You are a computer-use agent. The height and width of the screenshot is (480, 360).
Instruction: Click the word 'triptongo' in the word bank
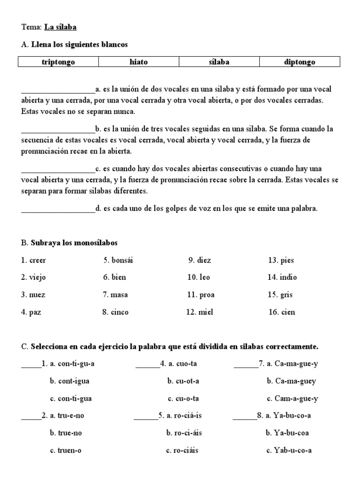[x=58, y=62]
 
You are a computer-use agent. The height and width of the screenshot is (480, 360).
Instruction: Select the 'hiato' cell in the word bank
[x=138, y=62]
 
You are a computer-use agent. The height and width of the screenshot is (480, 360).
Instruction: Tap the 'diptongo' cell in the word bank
[x=300, y=62]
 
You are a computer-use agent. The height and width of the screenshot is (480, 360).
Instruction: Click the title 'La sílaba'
[x=60, y=27]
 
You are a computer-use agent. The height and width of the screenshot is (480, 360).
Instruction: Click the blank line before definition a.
[x=58, y=90]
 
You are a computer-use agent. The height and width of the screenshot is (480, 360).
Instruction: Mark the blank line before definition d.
[x=58, y=210]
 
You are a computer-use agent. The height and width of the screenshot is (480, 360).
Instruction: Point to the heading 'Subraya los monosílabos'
[x=74, y=243]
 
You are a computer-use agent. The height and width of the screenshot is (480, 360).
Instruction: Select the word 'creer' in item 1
[x=37, y=260]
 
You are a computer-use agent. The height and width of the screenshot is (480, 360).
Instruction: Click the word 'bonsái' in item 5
[x=125, y=260]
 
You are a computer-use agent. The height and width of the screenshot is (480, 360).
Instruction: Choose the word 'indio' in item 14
[x=288, y=277]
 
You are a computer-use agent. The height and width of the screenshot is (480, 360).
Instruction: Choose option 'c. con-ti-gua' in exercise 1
[x=70, y=398]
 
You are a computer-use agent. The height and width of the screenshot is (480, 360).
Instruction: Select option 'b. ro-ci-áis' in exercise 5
[x=184, y=433]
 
